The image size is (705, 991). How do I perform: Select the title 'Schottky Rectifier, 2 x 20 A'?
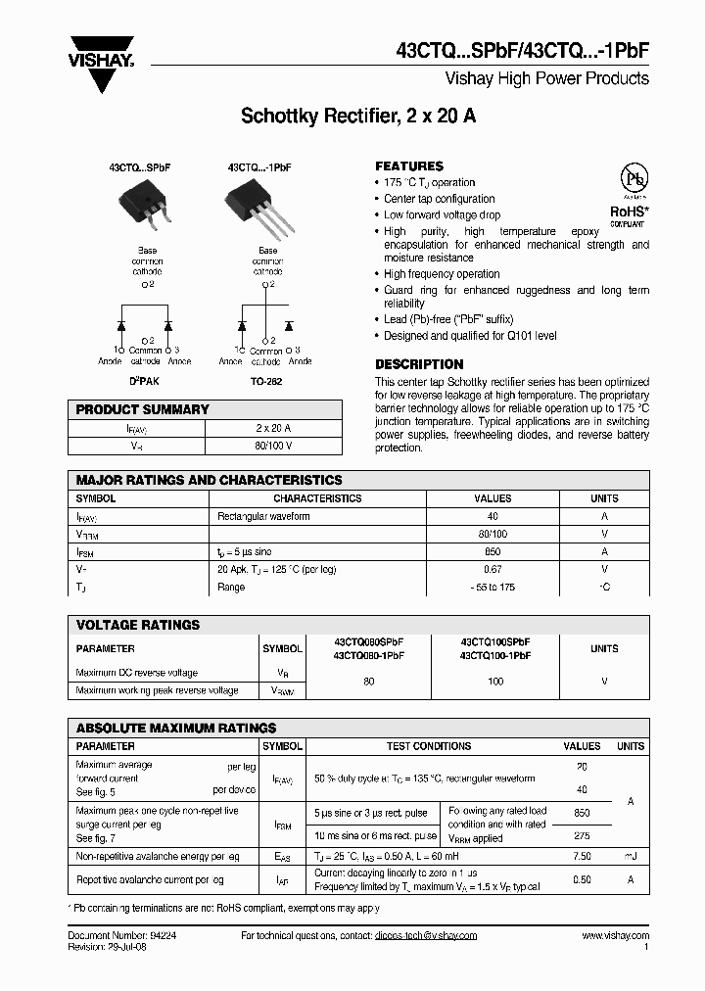click(358, 117)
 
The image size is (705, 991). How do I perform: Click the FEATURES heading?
click(409, 166)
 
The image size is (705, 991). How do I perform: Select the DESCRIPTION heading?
click(419, 364)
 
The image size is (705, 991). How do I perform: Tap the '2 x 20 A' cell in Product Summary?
click(272, 428)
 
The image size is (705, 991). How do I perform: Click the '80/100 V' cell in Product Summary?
click(272, 446)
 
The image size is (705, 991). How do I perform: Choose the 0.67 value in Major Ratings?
click(493, 569)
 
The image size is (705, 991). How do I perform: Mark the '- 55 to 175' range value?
click(493, 587)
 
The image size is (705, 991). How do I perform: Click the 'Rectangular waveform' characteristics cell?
click(263, 516)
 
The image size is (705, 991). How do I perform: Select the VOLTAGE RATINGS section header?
click(138, 625)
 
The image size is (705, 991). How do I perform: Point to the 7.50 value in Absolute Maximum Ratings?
click(582, 856)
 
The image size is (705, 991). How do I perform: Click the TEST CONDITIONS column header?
click(429, 746)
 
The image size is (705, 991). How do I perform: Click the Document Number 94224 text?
click(110, 936)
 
